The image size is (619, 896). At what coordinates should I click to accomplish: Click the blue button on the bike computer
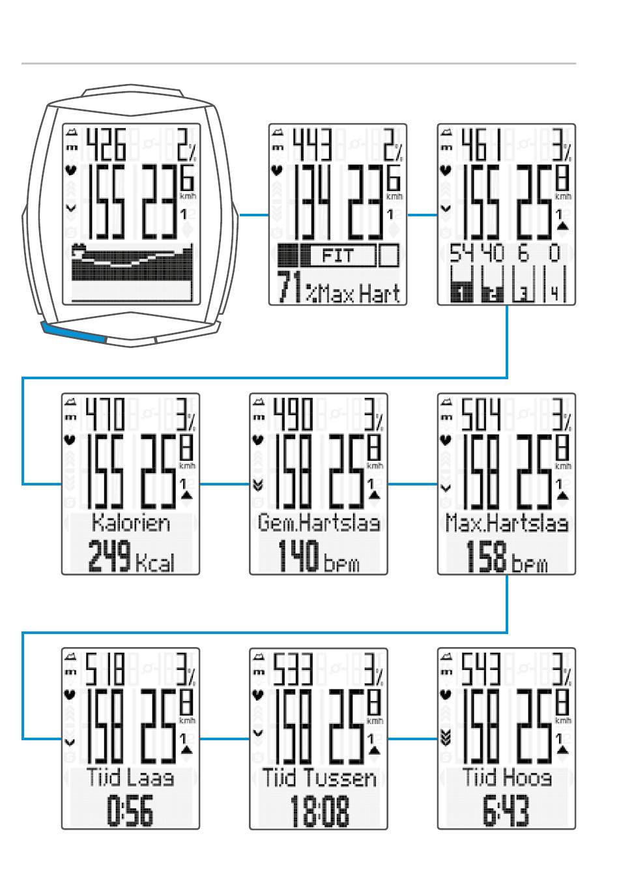pyautogui.click(x=73, y=332)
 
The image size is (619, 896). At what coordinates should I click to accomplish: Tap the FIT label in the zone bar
pyautogui.click(x=338, y=255)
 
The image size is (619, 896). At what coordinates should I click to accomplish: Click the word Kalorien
pyautogui.click(x=130, y=523)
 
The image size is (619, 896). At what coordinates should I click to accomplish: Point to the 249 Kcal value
pyautogui.click(x=131, y=559)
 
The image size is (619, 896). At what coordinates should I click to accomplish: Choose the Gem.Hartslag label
pyautogui.click(x=318, y=523)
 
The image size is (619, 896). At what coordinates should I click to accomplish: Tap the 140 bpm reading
pyautogui.click(x=318, y=559)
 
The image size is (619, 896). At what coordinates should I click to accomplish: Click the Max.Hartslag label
pyautogui.click(x=506, y=523)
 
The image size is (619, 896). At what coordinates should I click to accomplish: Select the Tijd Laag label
pyautogui.click(x=130, y=777)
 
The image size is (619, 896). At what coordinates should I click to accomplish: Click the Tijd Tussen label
pyautogui.click(x=319, y=777)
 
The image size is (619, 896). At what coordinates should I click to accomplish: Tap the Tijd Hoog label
pyautogui.click(x=506, y=777)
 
